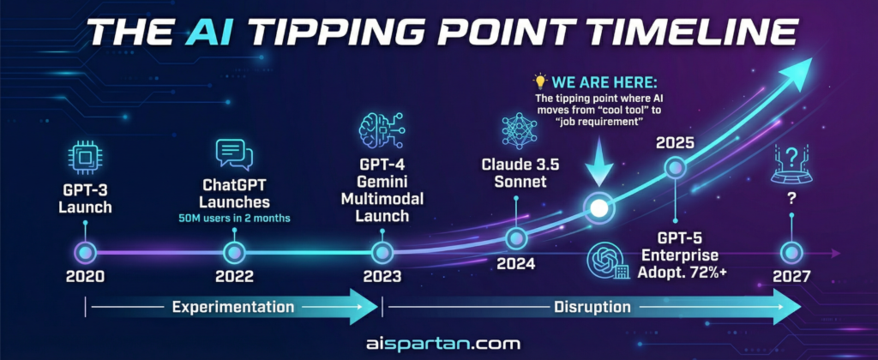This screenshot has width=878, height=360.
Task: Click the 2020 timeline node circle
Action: pos(85,253)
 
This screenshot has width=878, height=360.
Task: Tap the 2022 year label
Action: pos(234,276)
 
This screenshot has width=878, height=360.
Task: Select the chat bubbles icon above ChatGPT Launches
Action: pos(234,154)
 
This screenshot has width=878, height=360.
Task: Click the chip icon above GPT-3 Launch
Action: pos(85,158)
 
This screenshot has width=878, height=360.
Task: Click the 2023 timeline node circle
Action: pos(382,253)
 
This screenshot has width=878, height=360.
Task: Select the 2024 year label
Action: pos(515,262)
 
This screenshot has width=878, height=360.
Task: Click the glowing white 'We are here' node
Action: pos(598,208)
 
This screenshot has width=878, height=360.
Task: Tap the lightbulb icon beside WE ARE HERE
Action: pos(540,81)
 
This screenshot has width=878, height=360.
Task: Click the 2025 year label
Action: pos(675,143)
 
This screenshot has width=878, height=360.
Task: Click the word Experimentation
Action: pos(233,307)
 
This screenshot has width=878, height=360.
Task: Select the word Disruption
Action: pos(592,307)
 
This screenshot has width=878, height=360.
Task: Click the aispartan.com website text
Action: pos(442,343)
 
